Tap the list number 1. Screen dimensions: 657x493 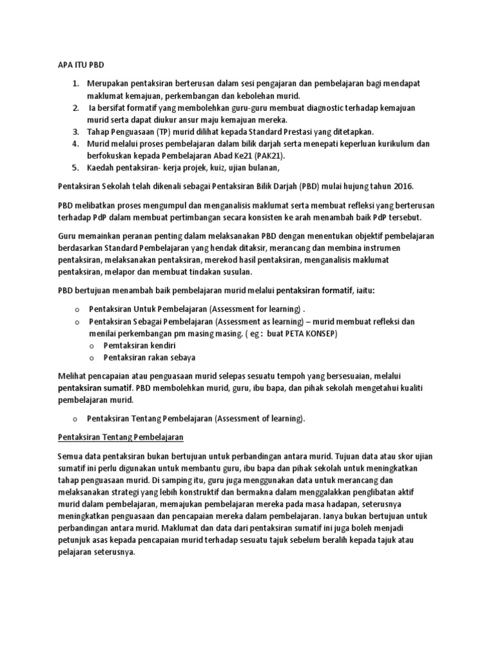point(74,85)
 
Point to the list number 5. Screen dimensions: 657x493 point(74,168)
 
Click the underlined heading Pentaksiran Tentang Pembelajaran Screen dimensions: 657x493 point(121,438)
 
